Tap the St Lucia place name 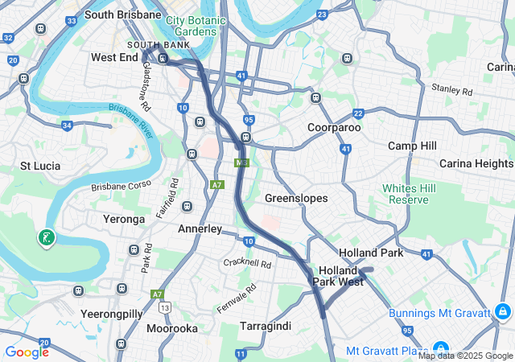click(x=41, y=166)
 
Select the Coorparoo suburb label click(x=334, y=127)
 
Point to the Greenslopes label click(x=296, y=197)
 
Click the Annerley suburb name click(x=200, y=229)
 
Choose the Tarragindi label click(x=266, y=326)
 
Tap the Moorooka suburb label click(x=173, y=328)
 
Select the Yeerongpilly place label click(x=112, y=312)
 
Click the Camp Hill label click(x=412, y=146)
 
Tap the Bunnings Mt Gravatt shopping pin click(x=501, y=311)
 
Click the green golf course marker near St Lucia click(x=47, y=237)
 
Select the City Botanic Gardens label click(x=192, y=25)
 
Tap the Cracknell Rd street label click(x=247, y=263)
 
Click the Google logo click(x=27, y=352)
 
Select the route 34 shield click(x=67, y=125)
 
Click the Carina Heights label click(x=476, y=164)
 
